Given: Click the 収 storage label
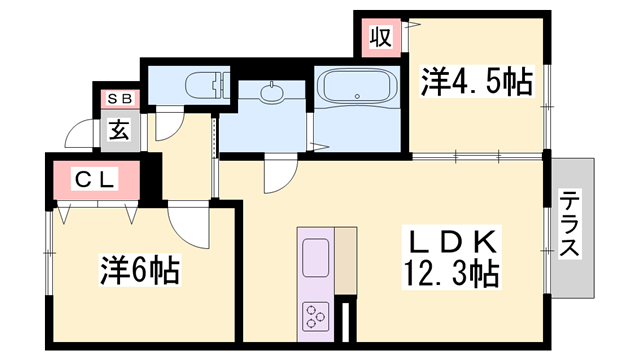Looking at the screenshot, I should coord(381,37).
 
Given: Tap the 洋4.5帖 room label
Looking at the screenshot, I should coord(476,81).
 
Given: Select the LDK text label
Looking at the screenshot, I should coord(451,243).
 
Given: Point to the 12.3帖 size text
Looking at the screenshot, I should coord(451,270).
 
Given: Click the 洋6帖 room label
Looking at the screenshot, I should coord(139,269).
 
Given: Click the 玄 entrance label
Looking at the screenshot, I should coord(118,128).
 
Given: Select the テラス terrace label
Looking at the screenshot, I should coord(570,224).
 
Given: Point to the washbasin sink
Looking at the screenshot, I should coord(271,94).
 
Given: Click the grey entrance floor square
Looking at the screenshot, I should coord(119,130).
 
